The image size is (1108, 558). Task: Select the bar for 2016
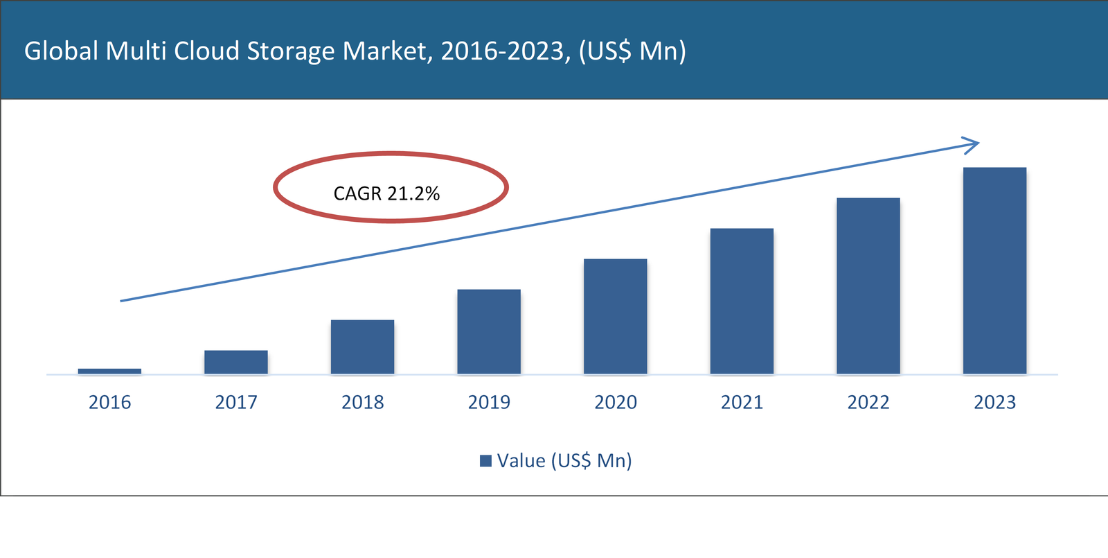tap(109, 372)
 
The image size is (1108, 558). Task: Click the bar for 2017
tap(236, 363)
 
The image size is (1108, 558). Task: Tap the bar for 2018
tap(362, 347)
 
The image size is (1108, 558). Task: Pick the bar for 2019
tap(489, 332)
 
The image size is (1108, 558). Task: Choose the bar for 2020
tap(616, 317)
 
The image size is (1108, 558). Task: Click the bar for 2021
tap(742, 302)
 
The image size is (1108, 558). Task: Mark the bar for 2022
tap(868, 286)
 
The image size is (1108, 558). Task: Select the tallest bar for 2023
tap(994, 271)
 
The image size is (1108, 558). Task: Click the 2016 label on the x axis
tap(109, 402)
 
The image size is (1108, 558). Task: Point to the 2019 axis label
tap(489, 402)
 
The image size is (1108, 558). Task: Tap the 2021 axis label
tap(742, 402)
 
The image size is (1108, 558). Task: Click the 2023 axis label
tap(994, 402)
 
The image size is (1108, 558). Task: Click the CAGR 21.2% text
tap(386, 193)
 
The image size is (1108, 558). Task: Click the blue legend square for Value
tap(485, 461)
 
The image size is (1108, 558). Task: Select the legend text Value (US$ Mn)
tap(564, 461)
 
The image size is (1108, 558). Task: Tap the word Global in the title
tap(61, 51)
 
